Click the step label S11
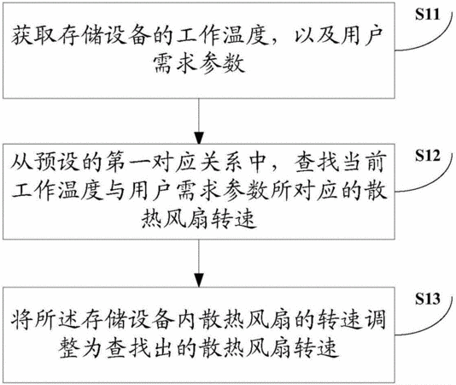click(x=427, y=15)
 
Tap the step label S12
click(x=427, y=156)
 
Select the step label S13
click(x=427, y=299)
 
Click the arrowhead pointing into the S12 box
click(x=199, y=138)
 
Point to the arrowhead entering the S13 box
click(x=199, y=281)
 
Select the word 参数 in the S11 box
click(x=222, y=63)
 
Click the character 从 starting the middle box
click(x=22, y=162)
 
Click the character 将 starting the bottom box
click(x=22, y=320)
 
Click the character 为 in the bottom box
click(x=93, y=347)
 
